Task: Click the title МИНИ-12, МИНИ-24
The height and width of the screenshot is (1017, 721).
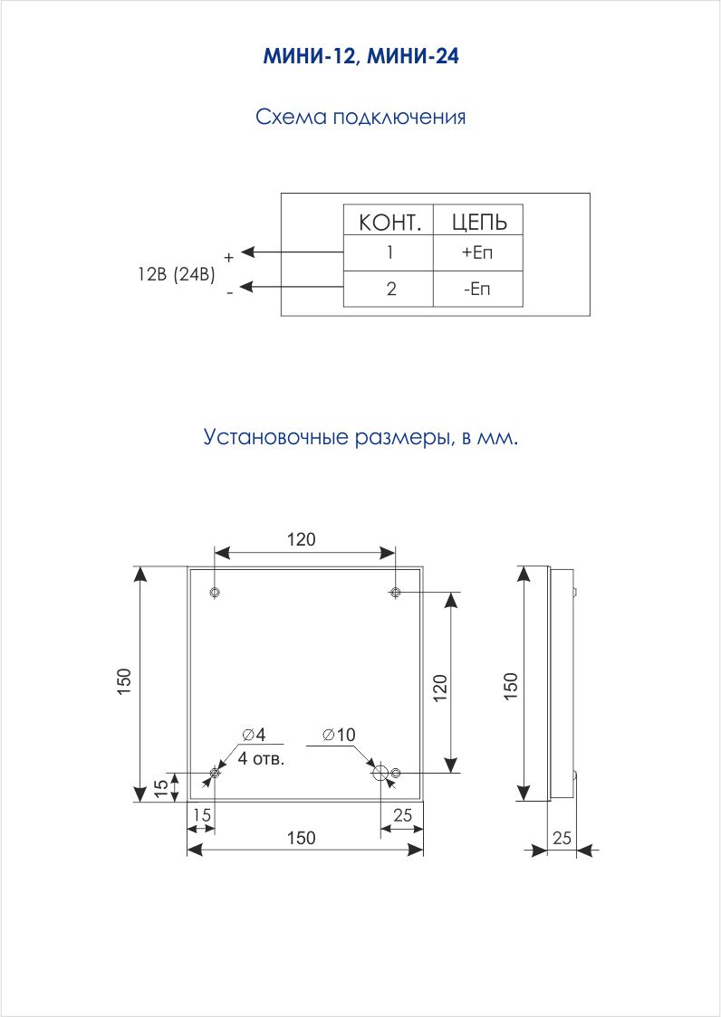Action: (360, 57)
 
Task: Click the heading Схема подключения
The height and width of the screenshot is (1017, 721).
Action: (360, 118)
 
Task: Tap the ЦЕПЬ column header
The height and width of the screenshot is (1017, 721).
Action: (479, 222)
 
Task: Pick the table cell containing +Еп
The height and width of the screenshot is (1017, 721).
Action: (477, 252)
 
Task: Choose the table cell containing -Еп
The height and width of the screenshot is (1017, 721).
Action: (477, 289)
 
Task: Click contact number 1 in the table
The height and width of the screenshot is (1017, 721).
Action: (389, 252)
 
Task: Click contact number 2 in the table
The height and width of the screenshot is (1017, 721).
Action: (390, 289)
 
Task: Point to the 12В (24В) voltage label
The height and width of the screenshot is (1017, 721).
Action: (176, 274)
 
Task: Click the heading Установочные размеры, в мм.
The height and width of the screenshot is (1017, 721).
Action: (361, 437)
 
